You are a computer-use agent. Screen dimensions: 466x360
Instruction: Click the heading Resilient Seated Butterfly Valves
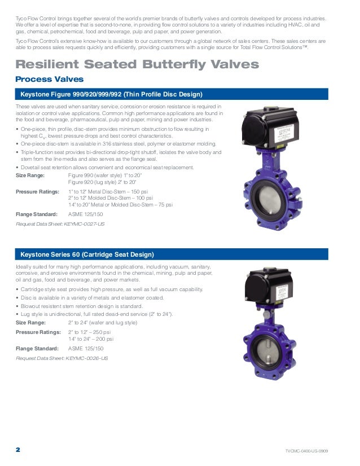pos(137,64)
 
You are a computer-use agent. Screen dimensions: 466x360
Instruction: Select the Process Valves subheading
pos(49,79)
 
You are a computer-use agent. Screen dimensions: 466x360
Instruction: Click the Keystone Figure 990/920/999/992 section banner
pos(111,94)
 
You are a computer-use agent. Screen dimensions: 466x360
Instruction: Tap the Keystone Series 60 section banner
pos(87,254)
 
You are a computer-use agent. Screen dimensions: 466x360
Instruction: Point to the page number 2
pos(17,450)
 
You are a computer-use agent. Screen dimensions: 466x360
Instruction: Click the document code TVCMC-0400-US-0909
pos(307,451)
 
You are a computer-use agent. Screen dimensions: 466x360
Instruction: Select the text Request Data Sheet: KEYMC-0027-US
pos(60,224)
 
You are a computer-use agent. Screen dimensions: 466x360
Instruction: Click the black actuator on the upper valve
pos(272,129)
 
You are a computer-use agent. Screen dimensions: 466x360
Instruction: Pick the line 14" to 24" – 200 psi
pos(91,339)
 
